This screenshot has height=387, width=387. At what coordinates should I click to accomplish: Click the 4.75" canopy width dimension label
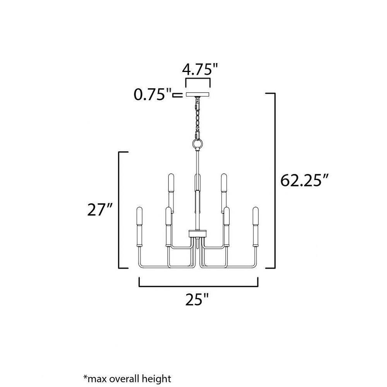tap(200, 69)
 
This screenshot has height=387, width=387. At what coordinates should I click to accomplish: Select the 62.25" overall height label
tap(304, 180)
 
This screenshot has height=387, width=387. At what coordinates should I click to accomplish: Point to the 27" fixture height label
tap(100, 210)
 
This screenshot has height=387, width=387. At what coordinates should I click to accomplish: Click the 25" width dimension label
tap(197, 300)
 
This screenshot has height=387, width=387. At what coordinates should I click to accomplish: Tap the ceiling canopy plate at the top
tap(197, 94)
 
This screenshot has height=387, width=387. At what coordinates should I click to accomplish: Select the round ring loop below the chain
tap(198, 144)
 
